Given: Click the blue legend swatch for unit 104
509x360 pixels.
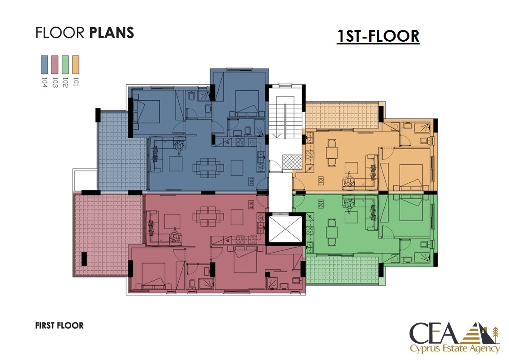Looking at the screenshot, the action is pyautogui.click(x=44, y=65).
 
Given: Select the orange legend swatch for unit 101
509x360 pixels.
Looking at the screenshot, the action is pyautogui.click(x=76, y=65).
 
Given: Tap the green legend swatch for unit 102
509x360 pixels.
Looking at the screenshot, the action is pyautogui.click(x=65, y=65).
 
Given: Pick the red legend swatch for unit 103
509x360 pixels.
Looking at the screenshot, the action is pyautogui.click(x=55, y=65).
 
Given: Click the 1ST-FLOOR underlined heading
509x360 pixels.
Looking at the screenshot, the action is pyautogui.click(x=378, y=36).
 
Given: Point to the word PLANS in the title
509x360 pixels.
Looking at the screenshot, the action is pyautogui.click(x=111, y=33).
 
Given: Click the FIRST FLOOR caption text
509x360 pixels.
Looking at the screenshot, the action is pyautogui.click(x=59, y=325).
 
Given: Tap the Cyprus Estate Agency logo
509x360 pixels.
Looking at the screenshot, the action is pyautogui.click(x=455, y=337).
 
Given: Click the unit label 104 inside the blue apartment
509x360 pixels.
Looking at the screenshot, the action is pyautogui.click(x=251, y=180).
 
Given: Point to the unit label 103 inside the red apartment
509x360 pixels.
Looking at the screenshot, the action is pyautogui.click(x=251, y=204).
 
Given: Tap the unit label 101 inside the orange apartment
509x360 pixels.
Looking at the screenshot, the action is pyautogui.click(x=321, y=180).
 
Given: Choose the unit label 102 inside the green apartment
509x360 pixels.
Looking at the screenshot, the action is pyautogui.click(x=321, y=204).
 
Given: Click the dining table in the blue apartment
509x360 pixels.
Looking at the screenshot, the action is pyautogui.click(x=208, y=168).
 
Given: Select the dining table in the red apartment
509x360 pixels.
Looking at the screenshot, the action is pyautogui.click(x=208, y=216).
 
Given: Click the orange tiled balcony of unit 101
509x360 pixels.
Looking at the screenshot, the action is pyautogui.click(x=342, y=115).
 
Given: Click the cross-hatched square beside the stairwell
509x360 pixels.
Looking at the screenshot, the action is pyautogui.click(x=292, y=162).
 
